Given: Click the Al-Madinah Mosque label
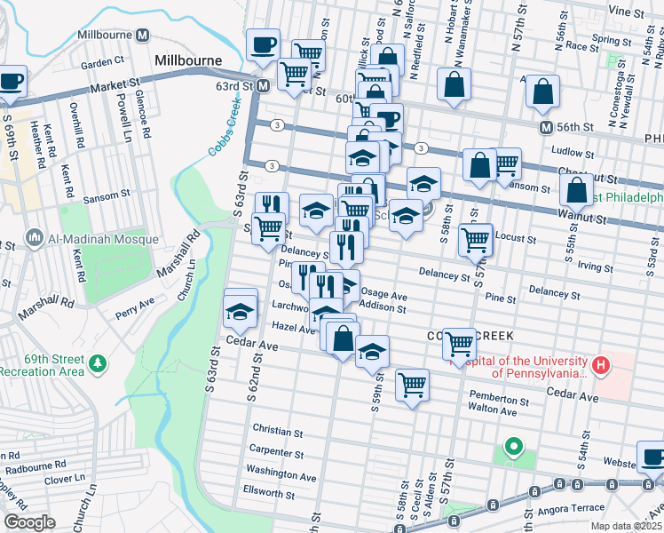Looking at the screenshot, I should click(102, 239).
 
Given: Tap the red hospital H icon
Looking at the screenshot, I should click(602, 364).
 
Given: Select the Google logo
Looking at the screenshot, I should click(29, 521).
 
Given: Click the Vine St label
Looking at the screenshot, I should click(626, 12).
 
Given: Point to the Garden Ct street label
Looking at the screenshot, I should click(101, 62).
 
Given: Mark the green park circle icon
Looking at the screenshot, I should click(512, 446).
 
